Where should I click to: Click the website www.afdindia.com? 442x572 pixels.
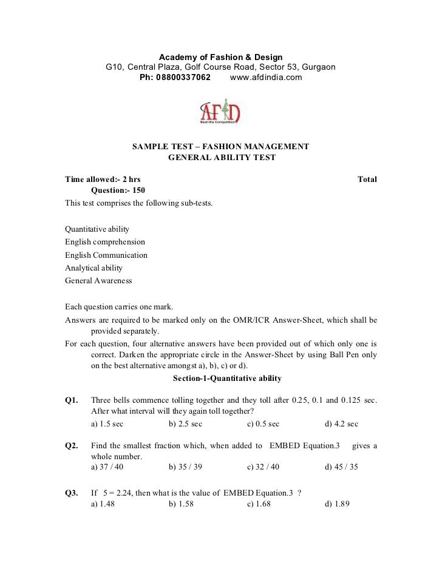pos(266,78)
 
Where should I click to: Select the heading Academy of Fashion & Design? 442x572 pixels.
pos(220,57)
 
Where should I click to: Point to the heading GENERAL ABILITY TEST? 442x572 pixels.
pos(221,158)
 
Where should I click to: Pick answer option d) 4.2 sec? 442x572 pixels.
pos(341,423)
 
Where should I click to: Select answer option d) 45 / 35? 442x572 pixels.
pos(342,467)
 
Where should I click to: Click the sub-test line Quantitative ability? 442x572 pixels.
pos(97,229)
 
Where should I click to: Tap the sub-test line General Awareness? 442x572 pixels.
pos(98,281)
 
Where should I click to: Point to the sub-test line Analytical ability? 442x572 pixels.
pos(94,267)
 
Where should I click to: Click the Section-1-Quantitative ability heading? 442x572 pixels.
pos(227,379)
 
